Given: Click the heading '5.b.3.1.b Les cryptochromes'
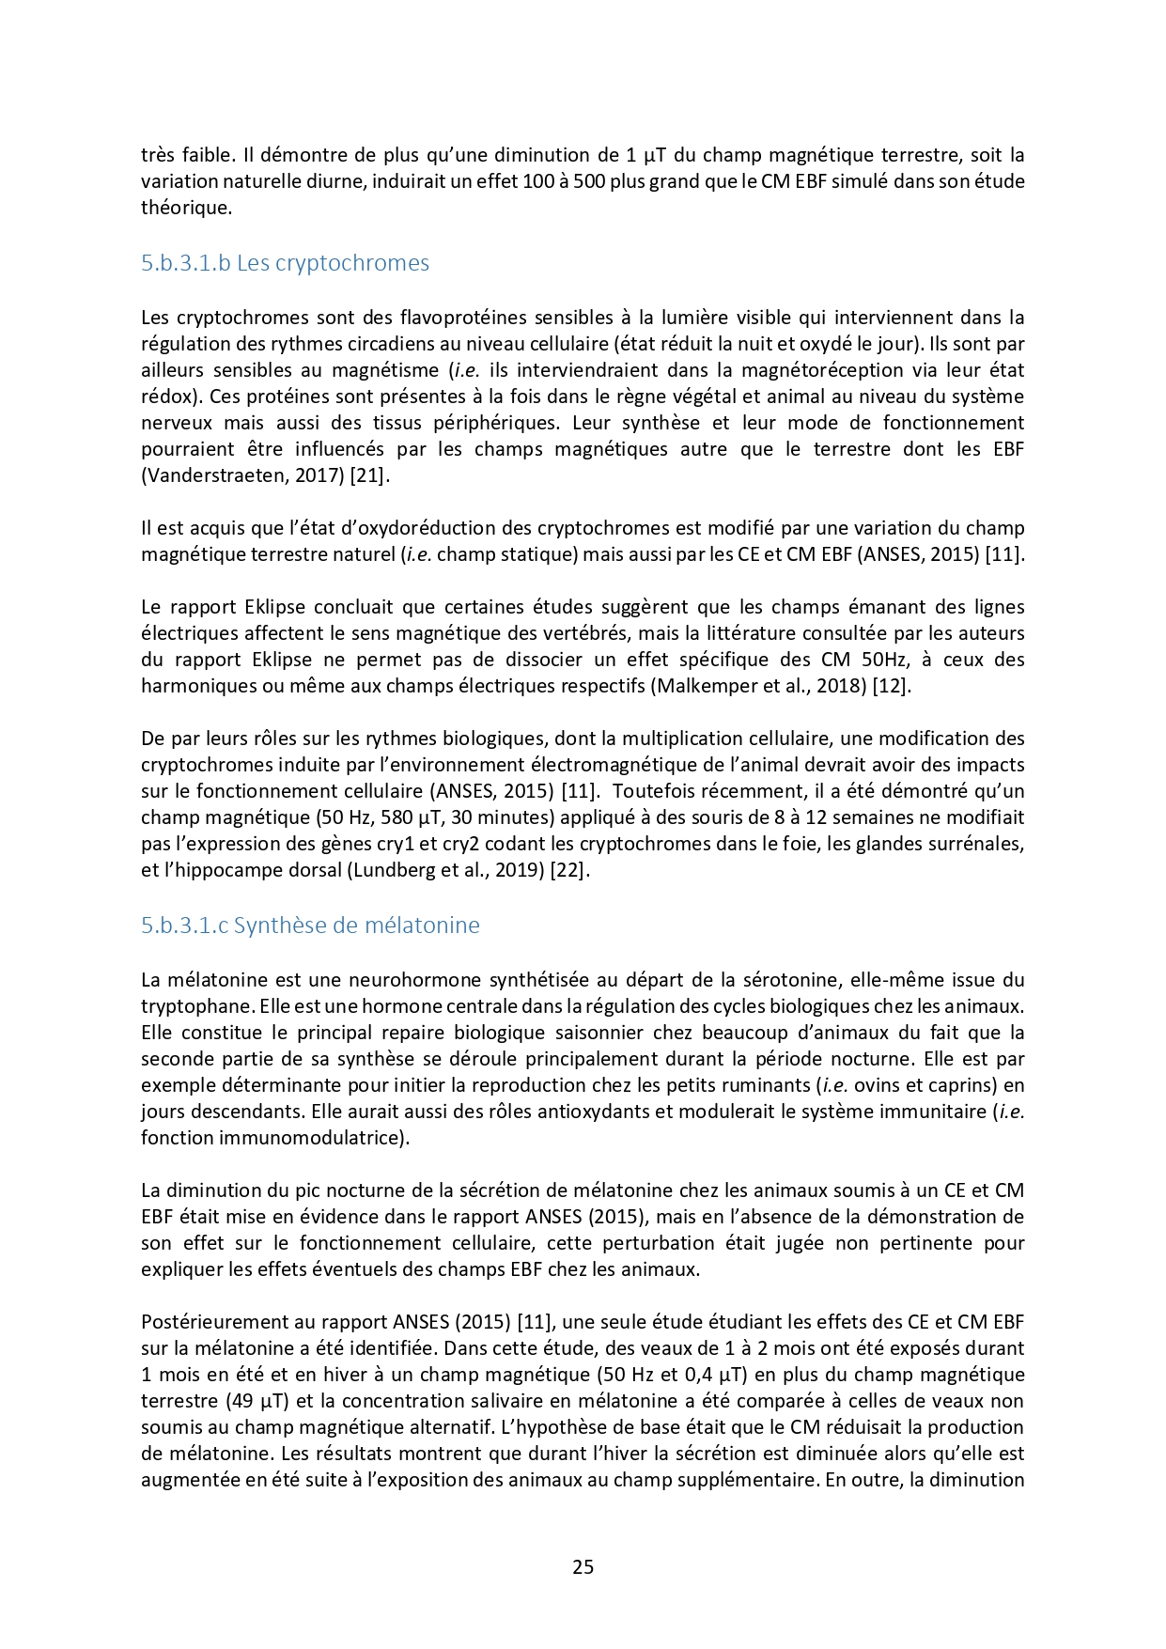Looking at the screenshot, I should pyautogui.click(x=285, y=263).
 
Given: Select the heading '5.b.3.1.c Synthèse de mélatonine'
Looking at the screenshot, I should pyautogui.click(x=310, y=926).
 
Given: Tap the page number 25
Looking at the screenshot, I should pyautogui.click(x=583, y=1566).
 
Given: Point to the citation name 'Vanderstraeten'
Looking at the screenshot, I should pyautogui.click(x=208, y=475).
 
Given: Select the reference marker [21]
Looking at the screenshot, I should pyautogui.click(x=368, y=475).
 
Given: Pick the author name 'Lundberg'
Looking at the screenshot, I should pyautogui.click(x=388, y=870).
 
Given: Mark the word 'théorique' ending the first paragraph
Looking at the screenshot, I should pyautogui.click(x=185, y=208).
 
